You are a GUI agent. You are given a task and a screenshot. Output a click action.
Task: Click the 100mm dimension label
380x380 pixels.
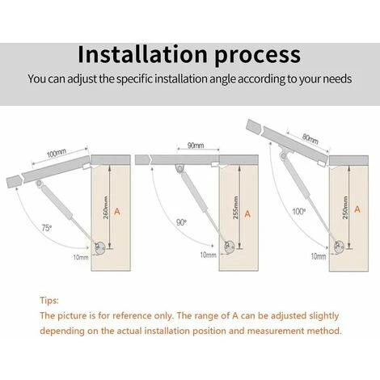tap(57, 153)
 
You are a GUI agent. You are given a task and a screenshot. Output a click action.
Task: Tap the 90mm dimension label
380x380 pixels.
tap(196, 146)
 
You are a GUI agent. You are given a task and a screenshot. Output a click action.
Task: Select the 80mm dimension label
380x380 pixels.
tap(310, 138)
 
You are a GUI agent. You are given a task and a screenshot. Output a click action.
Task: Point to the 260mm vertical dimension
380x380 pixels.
tap(106, 208)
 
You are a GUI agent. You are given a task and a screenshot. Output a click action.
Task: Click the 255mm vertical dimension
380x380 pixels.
tap(235, 208)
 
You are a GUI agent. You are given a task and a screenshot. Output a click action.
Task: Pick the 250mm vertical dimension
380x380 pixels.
tap(345, 208)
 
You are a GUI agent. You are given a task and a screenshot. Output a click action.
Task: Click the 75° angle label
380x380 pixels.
tap(47, 228)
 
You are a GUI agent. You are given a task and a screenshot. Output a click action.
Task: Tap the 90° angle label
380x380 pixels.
tap(181, 222)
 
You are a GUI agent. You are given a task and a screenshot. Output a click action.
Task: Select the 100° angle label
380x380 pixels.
tap(299, 212)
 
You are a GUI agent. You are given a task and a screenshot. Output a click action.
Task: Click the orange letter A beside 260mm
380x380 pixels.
tap(117, 212)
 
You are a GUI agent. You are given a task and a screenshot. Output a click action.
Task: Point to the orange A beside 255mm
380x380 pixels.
tap(247, 214)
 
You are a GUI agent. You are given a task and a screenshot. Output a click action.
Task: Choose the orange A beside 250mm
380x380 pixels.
tap(357, 209)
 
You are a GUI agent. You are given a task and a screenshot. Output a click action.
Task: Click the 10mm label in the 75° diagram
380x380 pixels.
tap(81, 257)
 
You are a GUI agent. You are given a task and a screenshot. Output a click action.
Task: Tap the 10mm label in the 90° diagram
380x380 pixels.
tap(208, 255)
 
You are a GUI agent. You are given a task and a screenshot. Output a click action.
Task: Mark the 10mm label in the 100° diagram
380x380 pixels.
tap(319, 256)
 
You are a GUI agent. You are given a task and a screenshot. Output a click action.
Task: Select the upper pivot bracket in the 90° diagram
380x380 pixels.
tap(179, 168)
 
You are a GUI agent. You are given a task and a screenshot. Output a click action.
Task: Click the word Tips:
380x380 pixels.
tap(49, 300)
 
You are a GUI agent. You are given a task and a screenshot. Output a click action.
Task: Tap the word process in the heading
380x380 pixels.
tap(258, 55)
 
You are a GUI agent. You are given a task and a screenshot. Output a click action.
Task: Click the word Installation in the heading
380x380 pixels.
tap(143, 54)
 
